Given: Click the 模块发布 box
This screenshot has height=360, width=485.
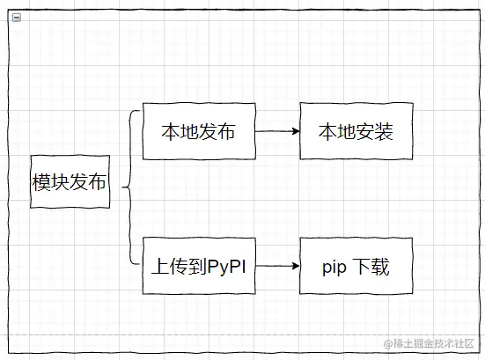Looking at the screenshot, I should coord(70,182).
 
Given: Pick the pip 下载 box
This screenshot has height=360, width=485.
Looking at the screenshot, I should coord(356,265).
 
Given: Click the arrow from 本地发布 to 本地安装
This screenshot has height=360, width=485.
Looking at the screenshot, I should coord(276,132).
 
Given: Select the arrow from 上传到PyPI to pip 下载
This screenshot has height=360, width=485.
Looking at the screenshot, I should coord(276,265).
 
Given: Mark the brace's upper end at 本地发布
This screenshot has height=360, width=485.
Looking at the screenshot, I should coord(139,112).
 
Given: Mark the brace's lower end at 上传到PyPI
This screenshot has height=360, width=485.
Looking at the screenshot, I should coord(139,261).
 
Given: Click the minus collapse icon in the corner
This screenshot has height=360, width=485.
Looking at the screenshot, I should coord(17,17).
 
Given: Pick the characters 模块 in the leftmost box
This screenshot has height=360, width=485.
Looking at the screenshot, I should coord(51,182).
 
